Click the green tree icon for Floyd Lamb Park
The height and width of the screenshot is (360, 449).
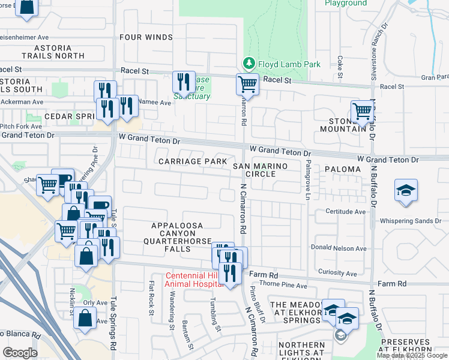(248, 64)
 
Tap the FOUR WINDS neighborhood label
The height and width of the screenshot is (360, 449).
(146, 37)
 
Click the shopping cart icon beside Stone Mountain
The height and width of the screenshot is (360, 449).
(363, 111)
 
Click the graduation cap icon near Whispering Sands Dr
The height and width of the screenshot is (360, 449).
(406, 191)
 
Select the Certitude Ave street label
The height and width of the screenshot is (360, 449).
(346, 212)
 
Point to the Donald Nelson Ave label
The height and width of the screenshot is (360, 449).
(339, 248)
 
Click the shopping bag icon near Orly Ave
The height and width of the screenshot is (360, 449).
(85, 318)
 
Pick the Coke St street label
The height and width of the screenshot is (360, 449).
(340, 67)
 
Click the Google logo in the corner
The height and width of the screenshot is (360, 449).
(20, 352)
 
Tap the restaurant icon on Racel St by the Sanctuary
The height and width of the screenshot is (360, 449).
(184, 82)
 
